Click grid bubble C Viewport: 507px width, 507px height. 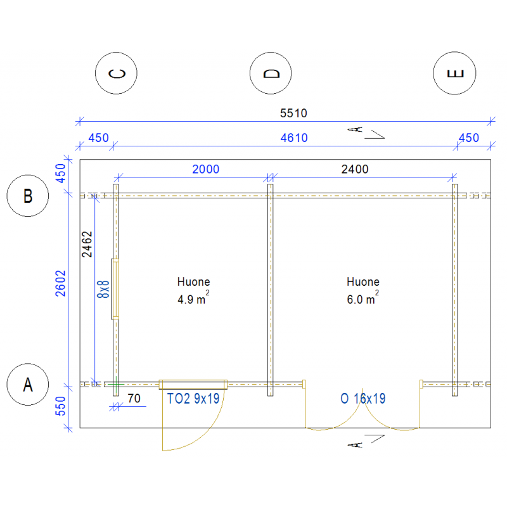pos(116,73)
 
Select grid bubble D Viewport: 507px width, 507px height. pos(271,73)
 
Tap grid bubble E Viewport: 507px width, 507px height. pos(454,73)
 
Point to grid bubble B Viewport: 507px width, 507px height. pos(28,196)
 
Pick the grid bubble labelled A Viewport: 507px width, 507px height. pos(28,384)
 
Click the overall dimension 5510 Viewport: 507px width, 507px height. pos(293,113)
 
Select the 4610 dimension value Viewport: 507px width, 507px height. pos(294,138)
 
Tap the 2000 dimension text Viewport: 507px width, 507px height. pos(205,169)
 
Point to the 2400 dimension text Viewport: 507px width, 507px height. pos(355,169)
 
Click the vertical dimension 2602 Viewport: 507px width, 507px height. pos(60,283)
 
